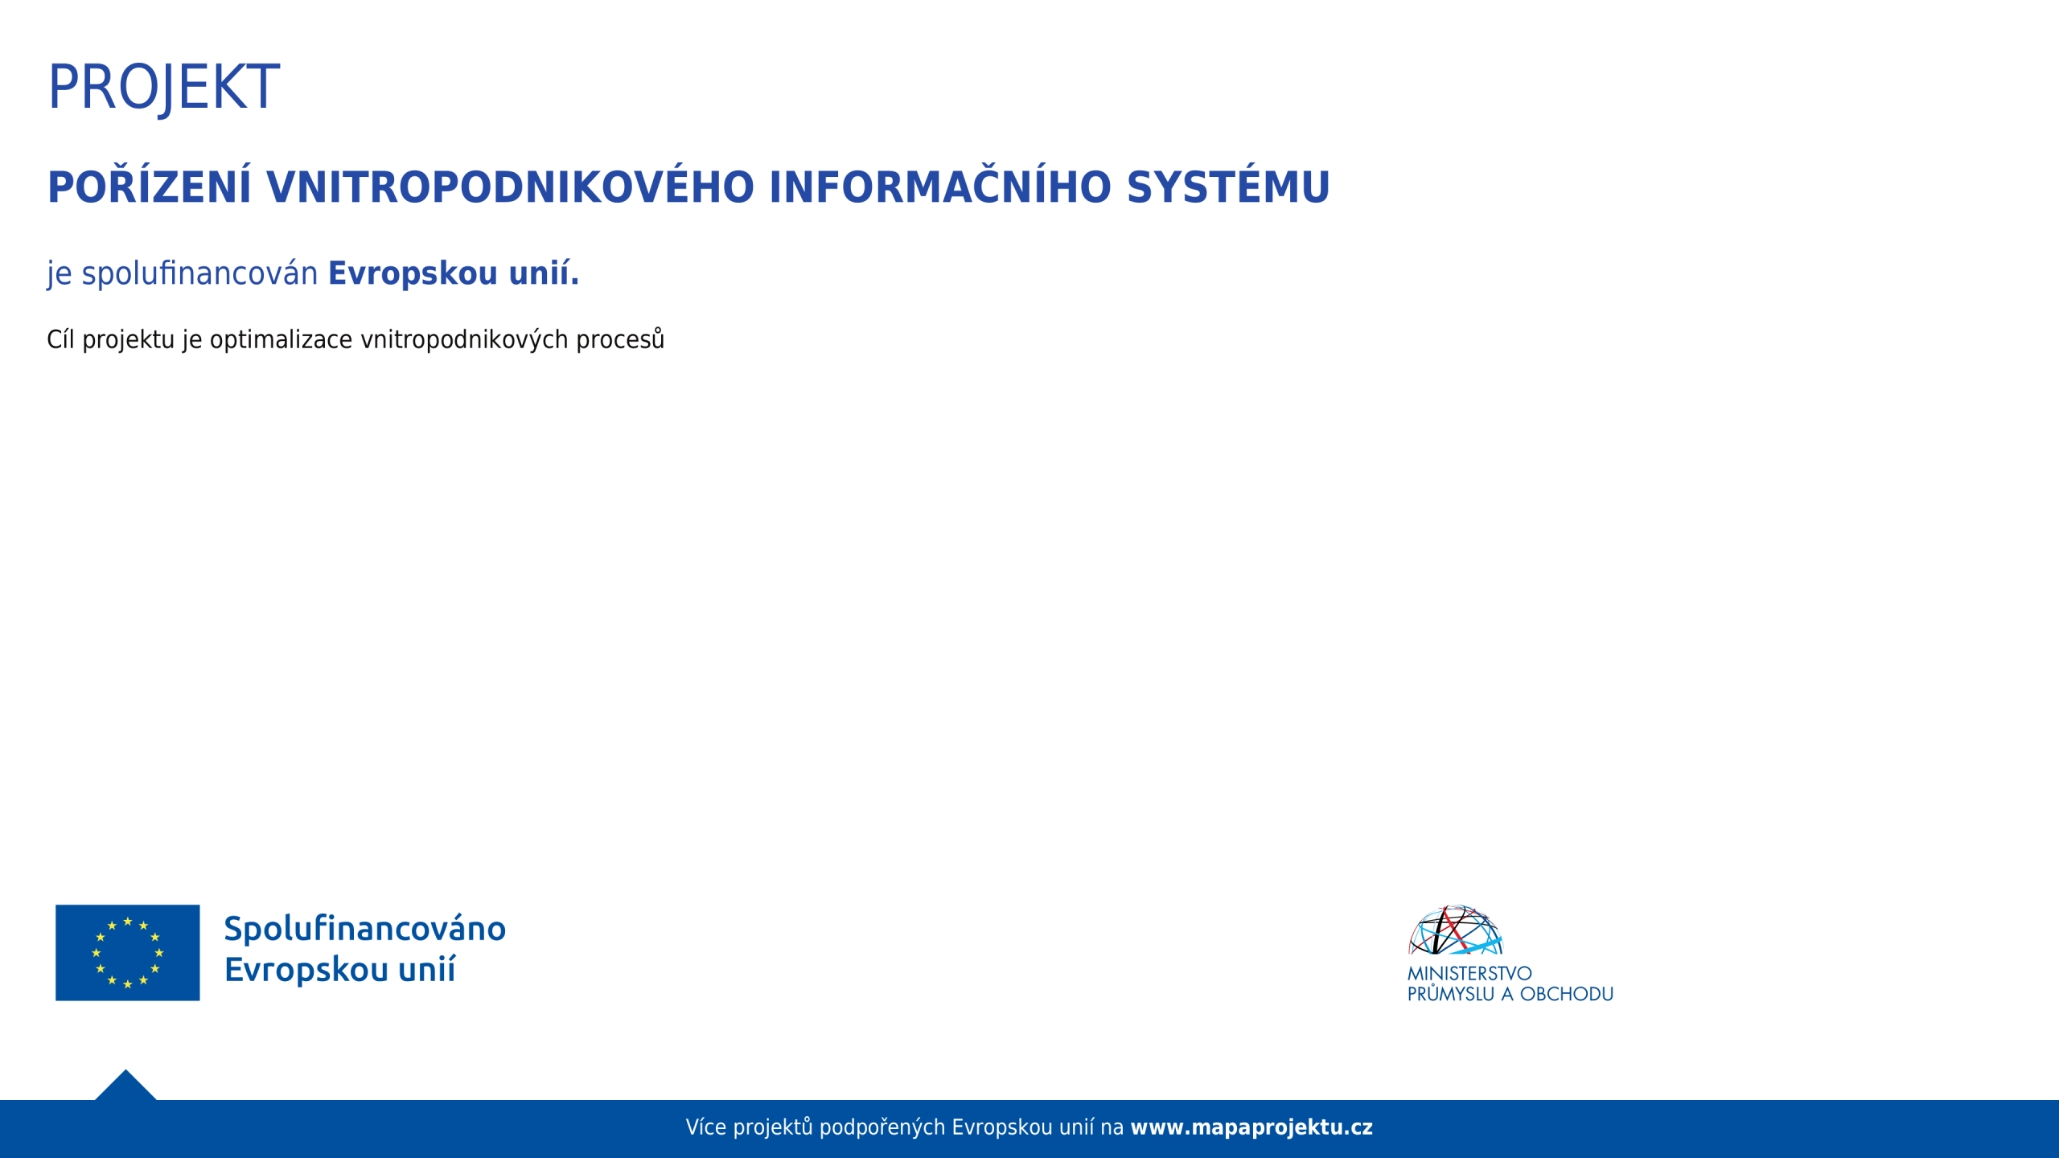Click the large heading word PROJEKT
pyautogui.click(x=164, y=87)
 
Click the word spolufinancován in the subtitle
pyautogui.click(x=200, y=274)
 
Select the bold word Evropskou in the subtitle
pyautogui.click(x=413, y=274)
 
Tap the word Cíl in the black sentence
pyautogui.click(x=60, y=339)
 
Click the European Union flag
pyautogui.click(x=128, y=952)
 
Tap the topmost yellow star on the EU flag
pyautogui.click(x=128, y=921)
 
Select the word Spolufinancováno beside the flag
pyautogui.click(x=365, y=929)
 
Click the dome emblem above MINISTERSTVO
pyautogui.click(x=1456, y=930)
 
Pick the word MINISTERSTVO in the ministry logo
pyautogui.click(x=1469, y=973)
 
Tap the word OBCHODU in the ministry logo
pyautogui.click(x=1567, y=994)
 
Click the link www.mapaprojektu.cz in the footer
pyautogui.click(x=1251, y=1127)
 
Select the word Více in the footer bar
pyautogui.click(x=705, y=1127)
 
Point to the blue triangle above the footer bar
pyautogui.click(x=125, y=1087)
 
